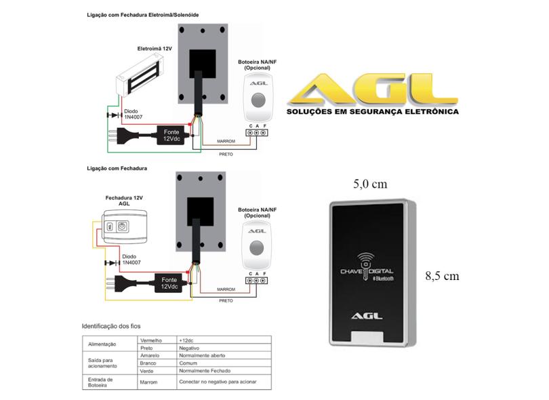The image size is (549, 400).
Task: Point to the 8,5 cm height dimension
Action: [x=442, y=277]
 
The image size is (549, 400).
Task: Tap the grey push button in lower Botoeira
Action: [x=257, y=252]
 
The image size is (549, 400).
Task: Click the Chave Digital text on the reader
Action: [x=367, y=273]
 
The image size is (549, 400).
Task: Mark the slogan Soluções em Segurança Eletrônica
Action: [x=372, y=112]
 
